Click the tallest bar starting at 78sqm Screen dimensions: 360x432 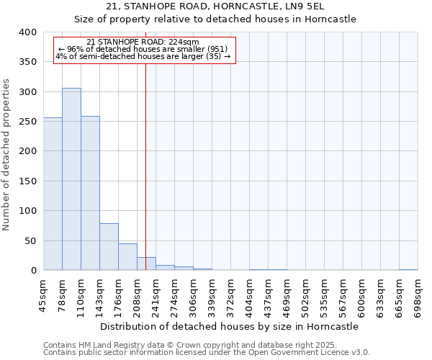tap(71, 179)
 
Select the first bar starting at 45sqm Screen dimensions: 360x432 tap(53, 194)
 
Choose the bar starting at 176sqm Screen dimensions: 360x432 tap(127, 257)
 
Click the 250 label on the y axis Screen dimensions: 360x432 tap(27, 122)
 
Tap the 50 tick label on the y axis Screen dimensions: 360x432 tap(30, 240)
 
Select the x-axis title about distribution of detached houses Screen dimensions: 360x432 tap(230, 326)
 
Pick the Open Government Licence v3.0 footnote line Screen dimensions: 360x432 tap(206, 352)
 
